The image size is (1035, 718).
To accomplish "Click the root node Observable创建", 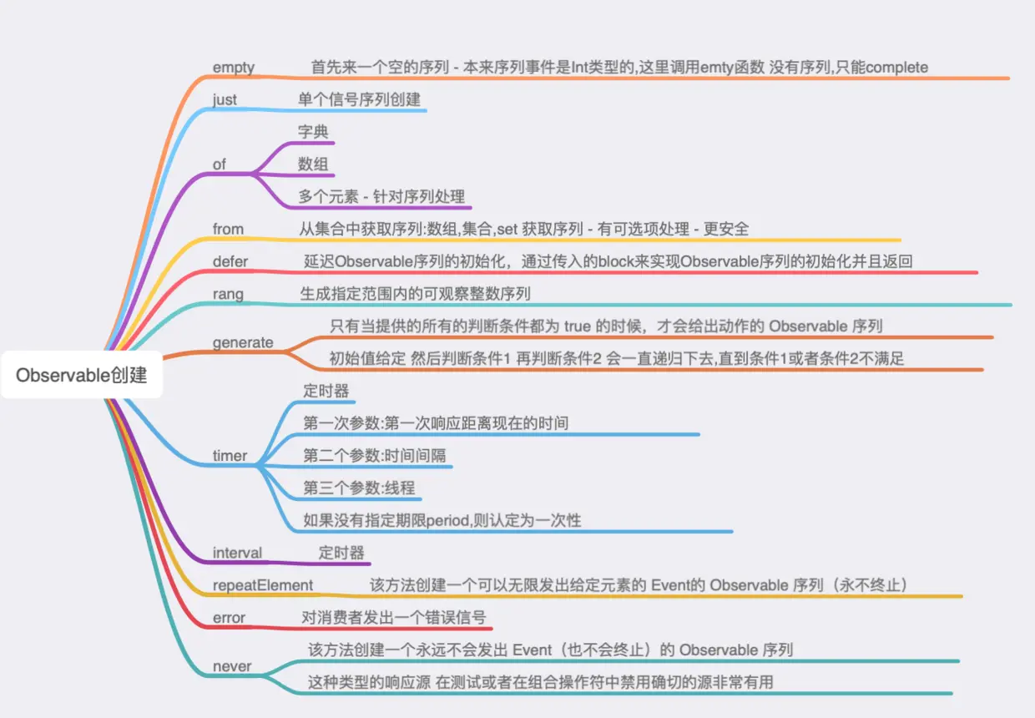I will [x=82, y=376].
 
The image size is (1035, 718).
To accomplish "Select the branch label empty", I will [x=234, y=67].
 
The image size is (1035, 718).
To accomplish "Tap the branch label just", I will [x=225, y=99].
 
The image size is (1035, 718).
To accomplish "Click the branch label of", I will [x=220, y=164].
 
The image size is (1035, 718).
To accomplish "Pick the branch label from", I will [x=228, y=229].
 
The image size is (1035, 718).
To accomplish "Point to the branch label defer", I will [x=230, y=261].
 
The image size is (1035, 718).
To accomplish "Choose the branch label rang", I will [x=228, y=294].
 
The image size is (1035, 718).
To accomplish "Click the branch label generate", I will [x=243, y=342].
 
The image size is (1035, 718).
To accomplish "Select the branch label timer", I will [x=230, y=456].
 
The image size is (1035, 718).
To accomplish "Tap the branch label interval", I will [x=237, y=553].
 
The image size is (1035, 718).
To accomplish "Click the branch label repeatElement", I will [x=263, y=585].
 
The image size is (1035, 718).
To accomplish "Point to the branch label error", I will [x=229, y=618].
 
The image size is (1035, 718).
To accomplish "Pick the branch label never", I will [x=232, y=666].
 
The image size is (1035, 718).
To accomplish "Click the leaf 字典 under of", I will [x=313, y=132].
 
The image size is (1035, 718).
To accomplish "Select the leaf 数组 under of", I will [x=313, y=164].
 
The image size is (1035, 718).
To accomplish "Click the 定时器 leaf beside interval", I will [x=341, y=553].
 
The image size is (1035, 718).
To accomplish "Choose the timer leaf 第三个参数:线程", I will [x=359, y=488].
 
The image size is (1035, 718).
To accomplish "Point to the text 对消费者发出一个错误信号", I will [x=394, y=618].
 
